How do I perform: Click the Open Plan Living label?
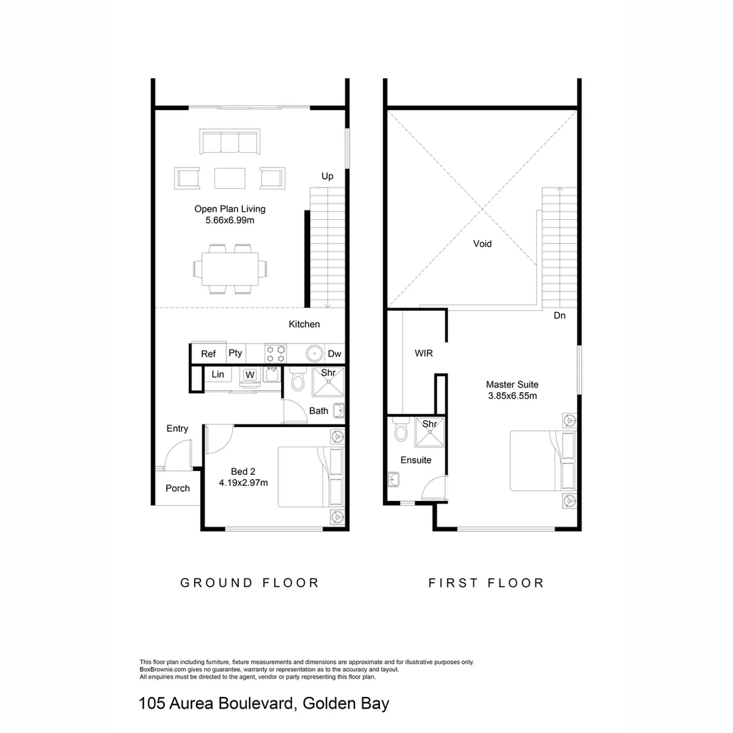click(229, 209)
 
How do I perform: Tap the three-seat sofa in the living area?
click(229, 143)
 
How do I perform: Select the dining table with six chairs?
click(229, 269)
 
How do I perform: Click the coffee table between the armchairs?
click(229, 178)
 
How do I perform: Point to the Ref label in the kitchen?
click(208, 354)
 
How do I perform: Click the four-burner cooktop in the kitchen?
click(276, 354)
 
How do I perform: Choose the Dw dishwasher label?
click(335, 354)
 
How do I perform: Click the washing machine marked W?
click(250, 375)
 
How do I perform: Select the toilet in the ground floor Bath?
click(296, 381)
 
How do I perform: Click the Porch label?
click(178, 488)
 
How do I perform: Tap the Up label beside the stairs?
click(327, 176)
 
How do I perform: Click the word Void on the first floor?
click(482, 244)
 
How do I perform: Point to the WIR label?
click(424, 354)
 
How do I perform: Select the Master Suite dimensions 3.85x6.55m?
click(512, 396)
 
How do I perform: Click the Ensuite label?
click(415, 459)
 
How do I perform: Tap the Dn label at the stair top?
click(559, 316)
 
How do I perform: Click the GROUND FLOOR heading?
click(249, 582)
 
